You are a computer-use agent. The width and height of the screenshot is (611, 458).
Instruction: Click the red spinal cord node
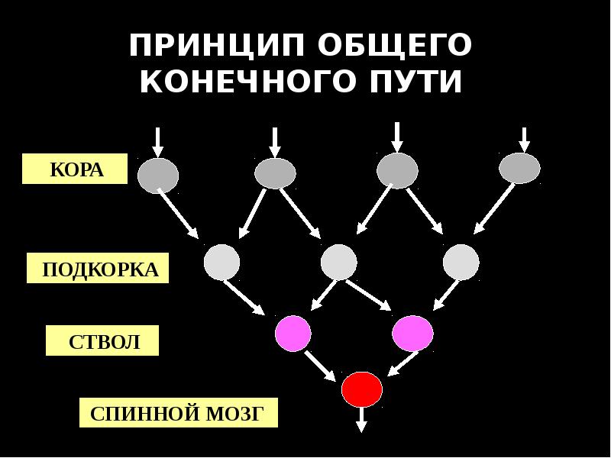click(361, 389)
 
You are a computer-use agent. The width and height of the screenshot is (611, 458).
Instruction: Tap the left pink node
click(293, 333)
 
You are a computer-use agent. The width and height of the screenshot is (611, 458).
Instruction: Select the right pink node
click(412, 333)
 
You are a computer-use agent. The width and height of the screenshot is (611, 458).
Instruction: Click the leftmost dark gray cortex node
click(158, 175)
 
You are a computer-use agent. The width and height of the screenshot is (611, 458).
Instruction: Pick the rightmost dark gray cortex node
click(519, 169)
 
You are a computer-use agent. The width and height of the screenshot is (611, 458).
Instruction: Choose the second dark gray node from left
click(275, 173)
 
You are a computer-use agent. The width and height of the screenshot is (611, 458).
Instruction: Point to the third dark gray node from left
click(397, 170)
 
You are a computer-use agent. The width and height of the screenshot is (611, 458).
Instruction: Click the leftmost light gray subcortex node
click(221, 263)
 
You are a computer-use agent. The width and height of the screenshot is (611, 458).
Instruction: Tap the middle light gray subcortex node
click(339, 263)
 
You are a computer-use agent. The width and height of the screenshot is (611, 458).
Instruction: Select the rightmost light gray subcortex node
click(461, 263)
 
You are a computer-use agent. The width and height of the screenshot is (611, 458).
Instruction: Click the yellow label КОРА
click(75, 169)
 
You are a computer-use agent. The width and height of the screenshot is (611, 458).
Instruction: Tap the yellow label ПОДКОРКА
click(99, 270)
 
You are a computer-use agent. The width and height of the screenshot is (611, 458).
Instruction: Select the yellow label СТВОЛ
click(103, 341)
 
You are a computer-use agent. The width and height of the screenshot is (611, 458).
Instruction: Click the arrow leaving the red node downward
click(361, 420)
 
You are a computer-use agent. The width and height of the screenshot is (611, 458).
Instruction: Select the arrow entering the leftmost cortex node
click(157, 141)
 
